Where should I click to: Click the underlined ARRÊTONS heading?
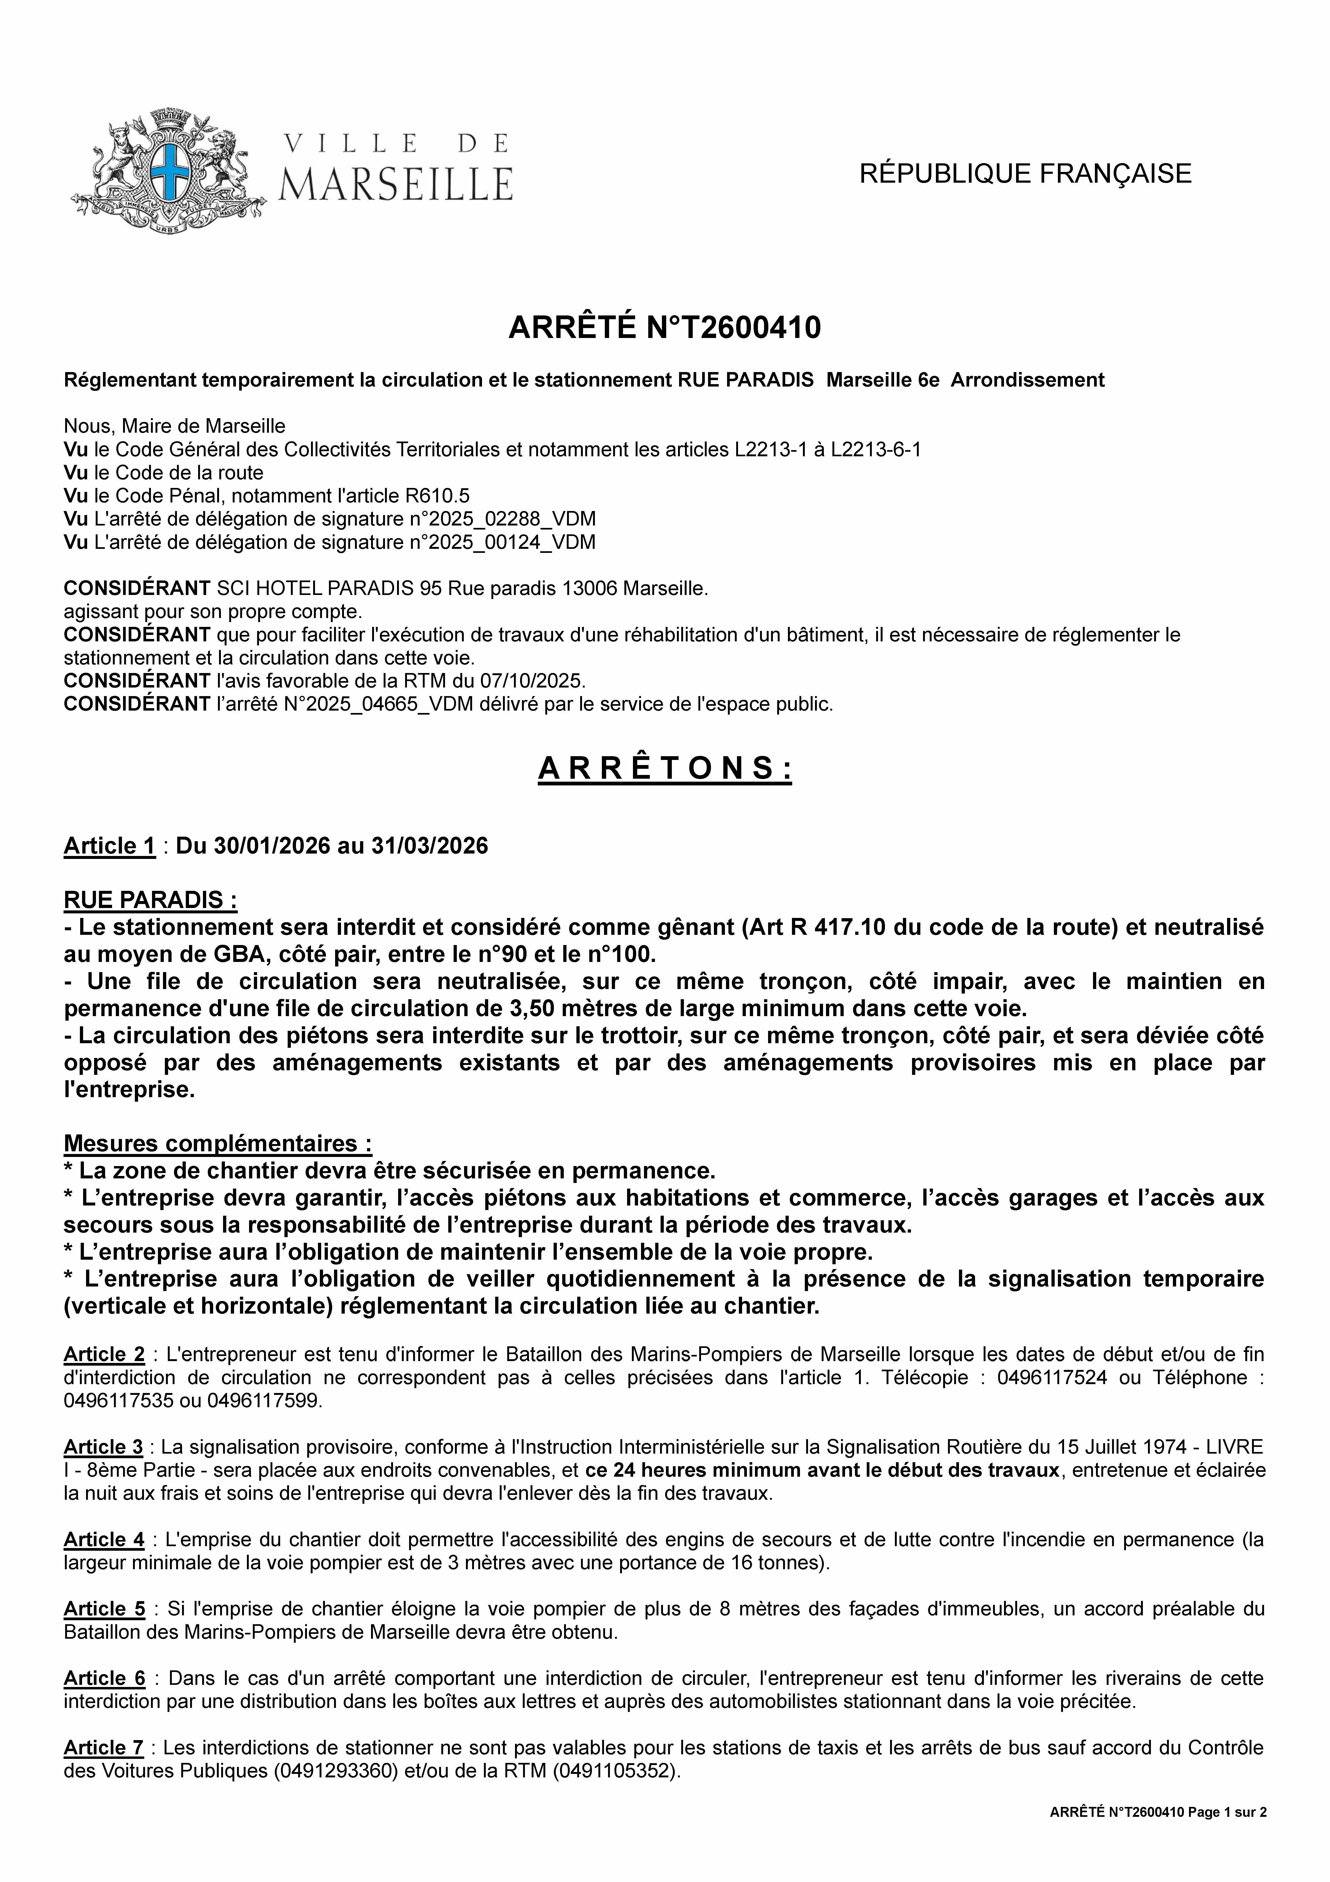pos(665,768)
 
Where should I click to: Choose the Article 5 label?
pos(104,1609)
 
